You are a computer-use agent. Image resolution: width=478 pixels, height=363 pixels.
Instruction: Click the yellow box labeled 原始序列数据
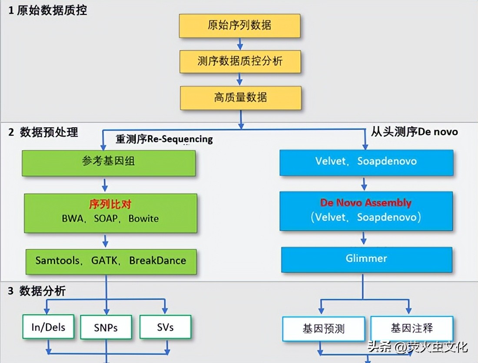tap(239, 26)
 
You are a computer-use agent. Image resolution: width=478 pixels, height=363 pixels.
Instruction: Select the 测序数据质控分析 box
tap(240, 61)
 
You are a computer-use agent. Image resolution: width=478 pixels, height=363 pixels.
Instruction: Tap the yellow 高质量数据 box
tap(240, 98)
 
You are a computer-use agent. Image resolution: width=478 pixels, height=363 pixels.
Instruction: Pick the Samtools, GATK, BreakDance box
tap(111, 261)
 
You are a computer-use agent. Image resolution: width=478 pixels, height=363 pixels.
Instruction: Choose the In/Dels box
tap(48, 327)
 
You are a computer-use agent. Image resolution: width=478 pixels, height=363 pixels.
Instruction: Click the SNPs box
tap(106, 327)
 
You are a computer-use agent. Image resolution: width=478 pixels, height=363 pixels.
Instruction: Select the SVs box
tap(165, 327)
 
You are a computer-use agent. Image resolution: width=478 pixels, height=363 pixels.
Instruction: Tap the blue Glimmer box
tap(366, 259)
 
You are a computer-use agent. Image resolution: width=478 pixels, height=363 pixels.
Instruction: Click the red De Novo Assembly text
tap(365, 203)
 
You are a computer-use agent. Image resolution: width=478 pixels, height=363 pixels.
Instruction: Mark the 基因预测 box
tap(324, 329)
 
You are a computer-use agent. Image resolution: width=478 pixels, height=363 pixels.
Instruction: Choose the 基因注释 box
tap(412, 328)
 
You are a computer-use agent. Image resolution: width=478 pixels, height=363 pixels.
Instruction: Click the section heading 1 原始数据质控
tap(48, 10)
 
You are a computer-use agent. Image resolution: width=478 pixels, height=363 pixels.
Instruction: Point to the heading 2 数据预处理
tap(43, 132)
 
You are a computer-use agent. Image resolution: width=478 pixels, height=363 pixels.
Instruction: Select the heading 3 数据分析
tap(37, 291)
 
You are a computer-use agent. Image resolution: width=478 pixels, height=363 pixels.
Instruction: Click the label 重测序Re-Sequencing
tap(164, 139)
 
